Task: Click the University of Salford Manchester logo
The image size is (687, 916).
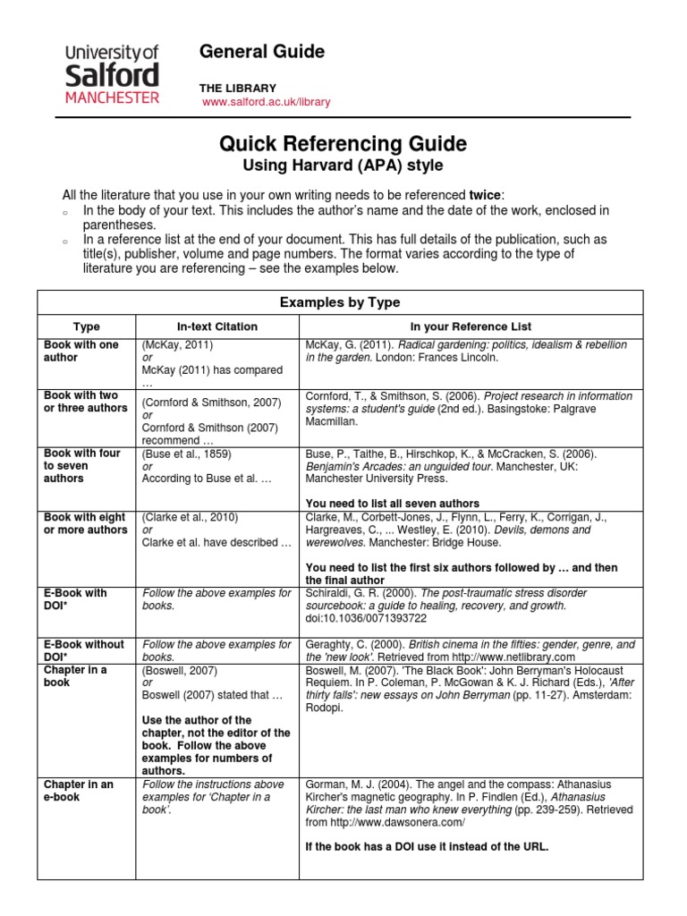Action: [x=112, y=71]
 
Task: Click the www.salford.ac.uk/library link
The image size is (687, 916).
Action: [x=267, y=102]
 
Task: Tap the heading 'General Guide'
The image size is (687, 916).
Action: [x=262, y=52]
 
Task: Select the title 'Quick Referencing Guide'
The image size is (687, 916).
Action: [x=343, y=144]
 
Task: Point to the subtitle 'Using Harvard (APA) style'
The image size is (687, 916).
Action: [x=343, y=165]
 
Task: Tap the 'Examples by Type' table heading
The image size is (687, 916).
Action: [x=340, y=302]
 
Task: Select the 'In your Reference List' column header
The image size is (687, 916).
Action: [x=471, y=327]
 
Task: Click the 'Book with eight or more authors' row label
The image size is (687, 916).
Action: [x=86, y=523]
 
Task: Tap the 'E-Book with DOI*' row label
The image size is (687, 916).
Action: [x=76, y=599]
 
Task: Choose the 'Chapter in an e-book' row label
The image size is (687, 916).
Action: [x=79, y=791]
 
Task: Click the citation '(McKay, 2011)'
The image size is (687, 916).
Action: [x=177, y=344]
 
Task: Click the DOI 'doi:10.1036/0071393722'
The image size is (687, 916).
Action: [x=367, y=618]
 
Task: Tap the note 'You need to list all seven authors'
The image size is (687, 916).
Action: [x=393, y=504]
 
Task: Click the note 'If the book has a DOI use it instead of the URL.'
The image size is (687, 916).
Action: [x=426, y=846]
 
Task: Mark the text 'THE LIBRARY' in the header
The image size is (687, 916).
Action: [x=238, y=88]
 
